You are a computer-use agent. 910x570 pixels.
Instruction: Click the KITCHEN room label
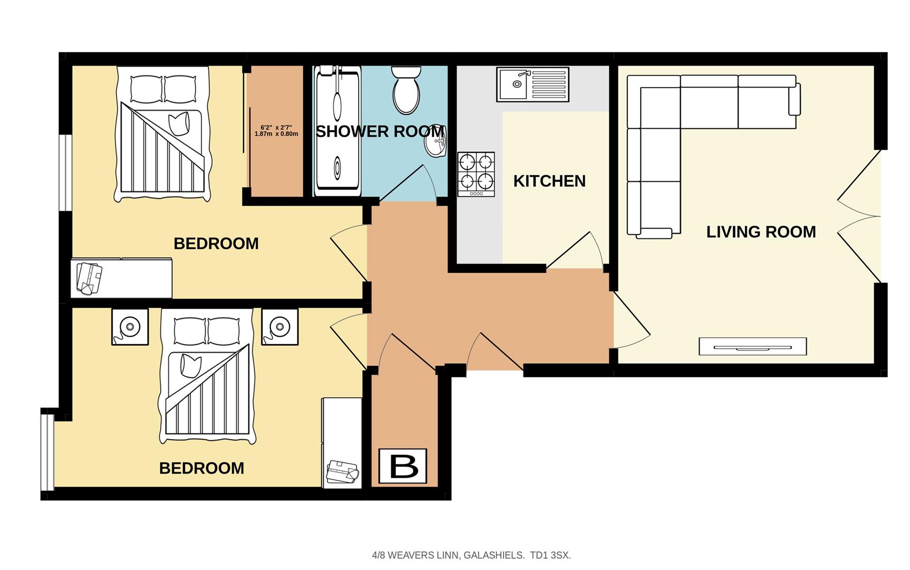pyautogui.click(x=549, y=181)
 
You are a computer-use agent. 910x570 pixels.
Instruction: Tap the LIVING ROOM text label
pyautogui.click(x=760, y=232)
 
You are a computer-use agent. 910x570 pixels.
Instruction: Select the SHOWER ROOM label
pyautogui.click(x=379, y=131)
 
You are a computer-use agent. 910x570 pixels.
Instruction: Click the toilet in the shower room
pyautogui.click(x=406, y=90)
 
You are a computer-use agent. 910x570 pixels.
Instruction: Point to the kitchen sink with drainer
pyautogui.click(x=532, y=84)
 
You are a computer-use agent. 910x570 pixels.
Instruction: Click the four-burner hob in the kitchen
pyautogui.click(x=476, y=174)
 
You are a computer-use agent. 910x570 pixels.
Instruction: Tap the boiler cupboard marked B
pyautogui.click(x=403, y=466)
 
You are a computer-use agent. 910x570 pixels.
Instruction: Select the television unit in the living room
pyautogui.click(x=752, y=347)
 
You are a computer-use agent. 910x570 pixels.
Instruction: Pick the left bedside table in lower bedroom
pyautogui.click(x=130, y=327)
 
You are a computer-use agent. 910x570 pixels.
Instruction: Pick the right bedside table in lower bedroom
pyautogui.click(x=279, y=327)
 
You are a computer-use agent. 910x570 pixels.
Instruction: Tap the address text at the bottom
pyautogui.click(x=471, y=555)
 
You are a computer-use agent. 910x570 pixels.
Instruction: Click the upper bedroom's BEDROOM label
pyautogui.click(x=216, y=244)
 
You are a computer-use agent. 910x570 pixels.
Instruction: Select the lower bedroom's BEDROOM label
pyautogui.click(x=201, y=468)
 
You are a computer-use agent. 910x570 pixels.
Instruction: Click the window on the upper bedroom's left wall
pyautogui.click(x=65, y=173)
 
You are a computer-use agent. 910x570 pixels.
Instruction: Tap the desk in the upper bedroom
pyautogui.click(x=122, y=278)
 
